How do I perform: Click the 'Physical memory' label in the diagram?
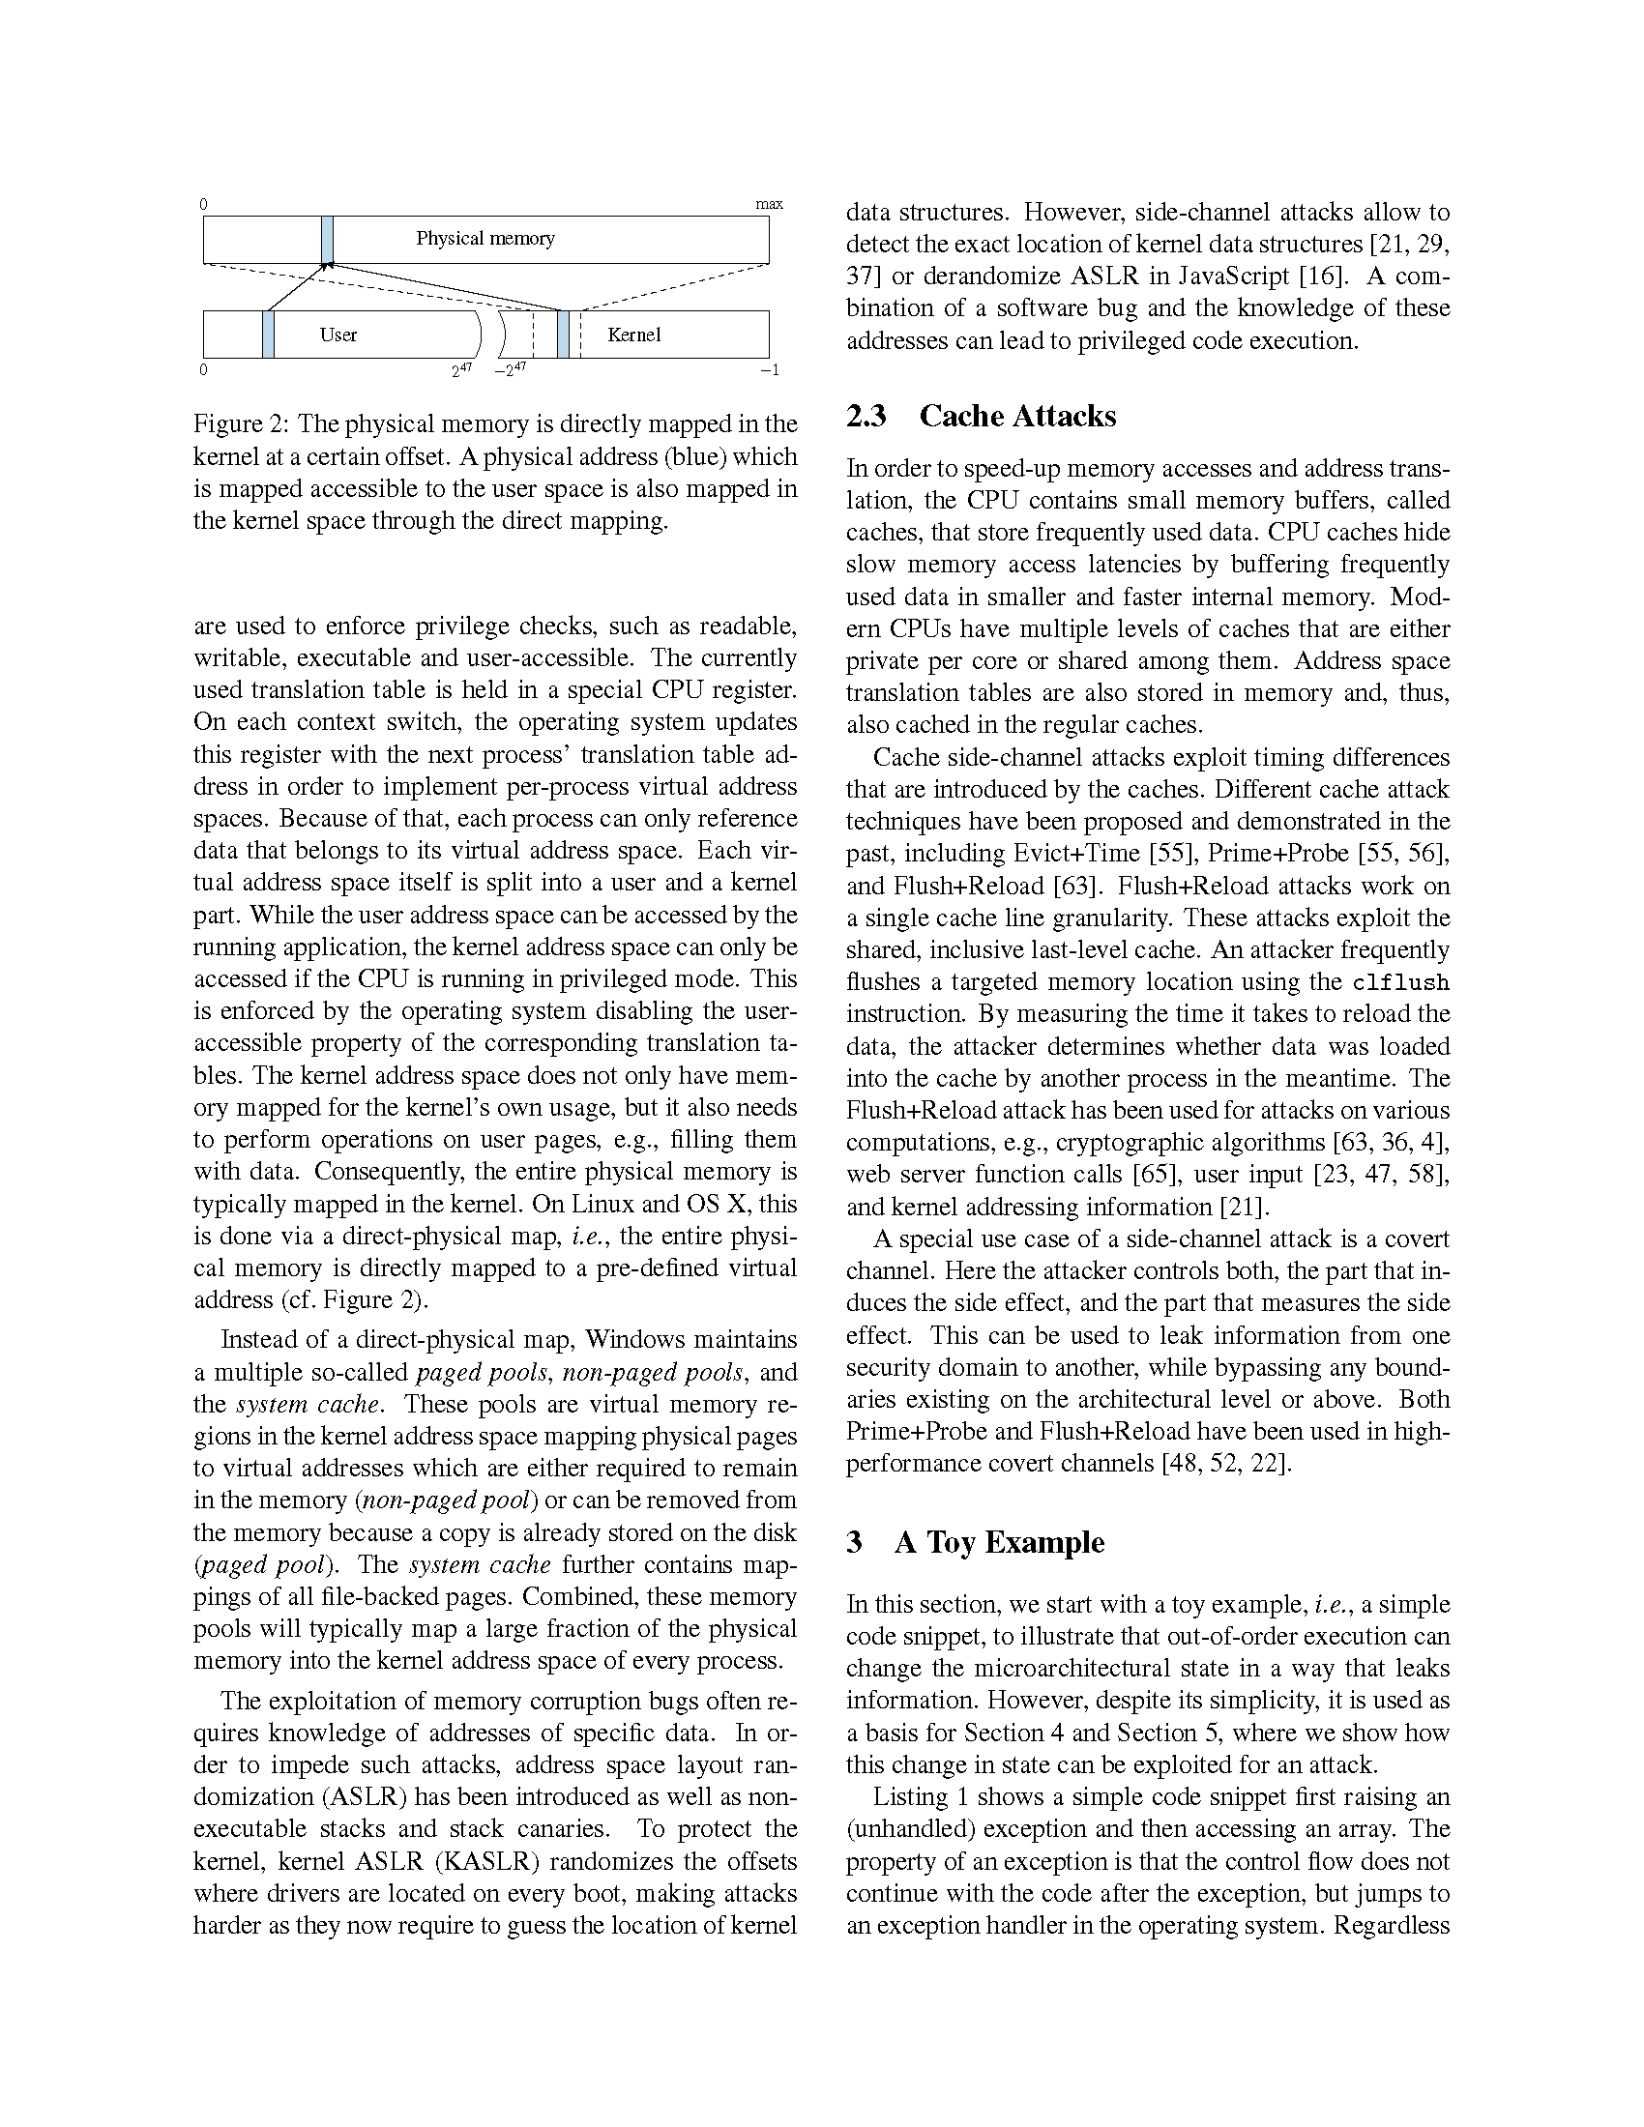click(x=485, y=239)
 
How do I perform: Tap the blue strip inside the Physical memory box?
click(x=327, y=240)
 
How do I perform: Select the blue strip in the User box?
click(x=268, y=335)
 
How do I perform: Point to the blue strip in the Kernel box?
click(x=563, y=335)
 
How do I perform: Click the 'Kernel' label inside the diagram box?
click(x=634, y=335)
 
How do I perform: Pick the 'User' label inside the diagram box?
click(x=338, y=335)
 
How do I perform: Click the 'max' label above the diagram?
click(x=769, y=205)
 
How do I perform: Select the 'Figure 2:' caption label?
click(x=242, y=424)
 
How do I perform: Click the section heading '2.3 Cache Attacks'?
click(x=981, y=417)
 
